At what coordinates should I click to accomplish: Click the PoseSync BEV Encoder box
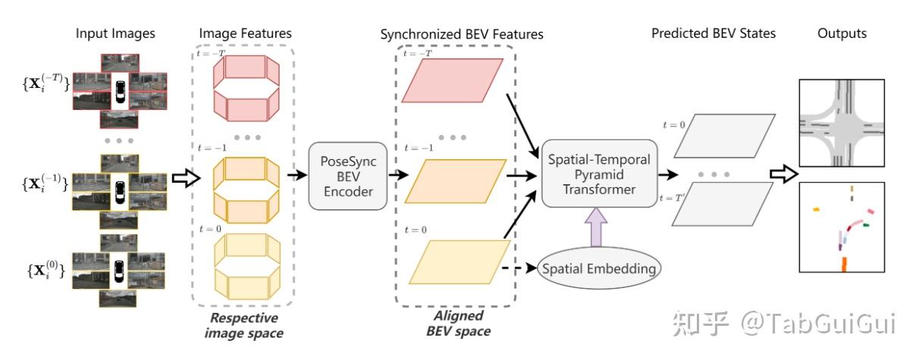coord(348,177)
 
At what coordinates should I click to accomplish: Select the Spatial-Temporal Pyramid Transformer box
coord(600,174)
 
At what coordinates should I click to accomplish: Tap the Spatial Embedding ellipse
coord(599,268)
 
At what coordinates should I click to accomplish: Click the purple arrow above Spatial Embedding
coord(596,227)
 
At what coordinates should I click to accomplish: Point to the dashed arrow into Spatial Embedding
coord(519,268)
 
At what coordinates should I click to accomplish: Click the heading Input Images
coord(115,33)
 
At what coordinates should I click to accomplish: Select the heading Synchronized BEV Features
coord(462,34)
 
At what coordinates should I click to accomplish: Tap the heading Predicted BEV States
coord(714,33)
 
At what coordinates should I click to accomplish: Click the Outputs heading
coord(842,33)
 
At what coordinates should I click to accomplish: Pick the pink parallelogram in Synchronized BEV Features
coord(452,80)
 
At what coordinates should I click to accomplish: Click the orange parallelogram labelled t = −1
coord(456,181)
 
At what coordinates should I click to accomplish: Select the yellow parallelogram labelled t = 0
coord(459,262)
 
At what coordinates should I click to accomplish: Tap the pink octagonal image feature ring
coord(246,88)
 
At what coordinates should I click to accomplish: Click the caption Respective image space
coord(244,326)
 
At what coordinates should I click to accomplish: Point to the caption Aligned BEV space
coord(458,324)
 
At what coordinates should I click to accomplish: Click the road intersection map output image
coord(842,123)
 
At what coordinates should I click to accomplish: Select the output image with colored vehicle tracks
coord(842,227)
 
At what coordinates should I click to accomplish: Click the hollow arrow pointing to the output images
coord(784,174)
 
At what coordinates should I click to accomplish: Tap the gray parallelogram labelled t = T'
coord(723,204)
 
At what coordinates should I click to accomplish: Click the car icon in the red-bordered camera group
coord(121,92)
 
